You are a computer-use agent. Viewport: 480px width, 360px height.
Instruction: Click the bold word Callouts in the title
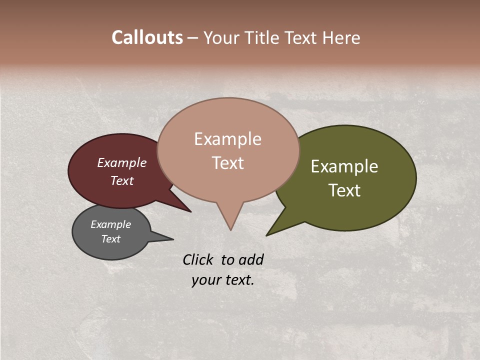[x=147, y=37]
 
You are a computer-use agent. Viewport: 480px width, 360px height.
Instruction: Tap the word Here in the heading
[x=340, y=38]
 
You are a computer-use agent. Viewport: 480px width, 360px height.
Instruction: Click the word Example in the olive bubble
[x=344, y=166]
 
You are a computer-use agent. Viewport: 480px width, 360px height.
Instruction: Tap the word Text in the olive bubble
[x=344, y=190]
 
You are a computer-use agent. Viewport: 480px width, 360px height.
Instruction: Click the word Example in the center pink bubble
[x=227, y=139]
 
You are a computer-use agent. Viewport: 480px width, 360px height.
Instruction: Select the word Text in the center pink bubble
[x=227, y=163]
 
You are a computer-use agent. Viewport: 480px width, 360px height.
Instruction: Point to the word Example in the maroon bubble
[x=122, y=162]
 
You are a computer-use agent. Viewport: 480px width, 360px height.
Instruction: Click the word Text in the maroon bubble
[x=122, y=180]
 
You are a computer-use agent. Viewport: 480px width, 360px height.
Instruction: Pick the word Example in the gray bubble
[x=110, y=224]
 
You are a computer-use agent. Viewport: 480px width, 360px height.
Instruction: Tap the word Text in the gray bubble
[x=110, y=239]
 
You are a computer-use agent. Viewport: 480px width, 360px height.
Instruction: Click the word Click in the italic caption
[x=198, y=259]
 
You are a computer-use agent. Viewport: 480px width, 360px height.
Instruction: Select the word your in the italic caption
[x=205, y=280]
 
